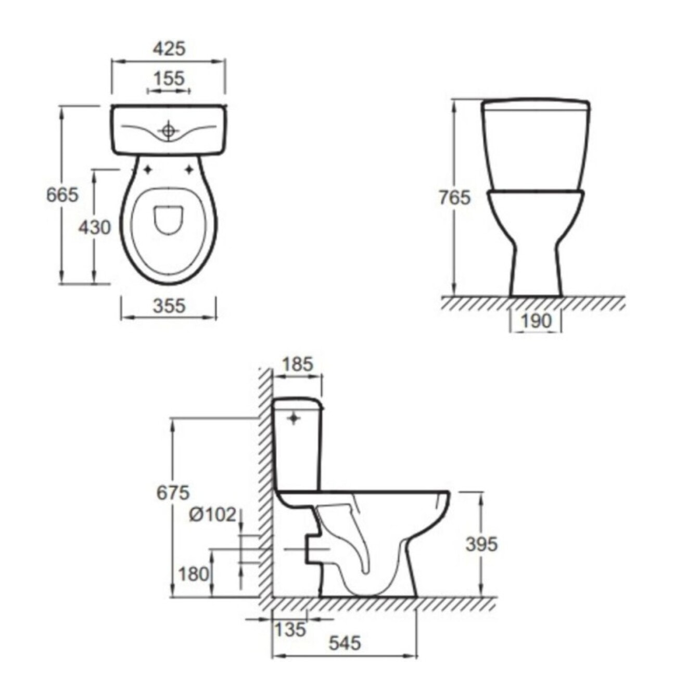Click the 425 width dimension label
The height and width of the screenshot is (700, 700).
coord(169,48)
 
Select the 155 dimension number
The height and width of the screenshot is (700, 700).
coord(169,79)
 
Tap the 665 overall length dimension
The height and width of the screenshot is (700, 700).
coord(62,195)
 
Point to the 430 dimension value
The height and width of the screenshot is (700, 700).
coord(94,227)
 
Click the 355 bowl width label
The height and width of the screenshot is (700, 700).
coord(169,306)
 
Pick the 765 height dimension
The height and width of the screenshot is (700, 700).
coord(454,198)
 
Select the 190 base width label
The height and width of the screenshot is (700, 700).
coord(536,321)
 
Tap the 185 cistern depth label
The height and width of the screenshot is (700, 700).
coord(297,364)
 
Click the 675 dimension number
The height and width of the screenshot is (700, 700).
coord(173,492)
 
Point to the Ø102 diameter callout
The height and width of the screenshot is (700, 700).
coord(212,515)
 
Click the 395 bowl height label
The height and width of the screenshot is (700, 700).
coord(481,544)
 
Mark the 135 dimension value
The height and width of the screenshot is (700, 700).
coord(290,629)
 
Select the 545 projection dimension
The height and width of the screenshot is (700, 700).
coord(345,643)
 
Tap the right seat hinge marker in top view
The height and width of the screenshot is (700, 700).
coord(189,169)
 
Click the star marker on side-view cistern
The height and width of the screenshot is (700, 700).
coord(295,418)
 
